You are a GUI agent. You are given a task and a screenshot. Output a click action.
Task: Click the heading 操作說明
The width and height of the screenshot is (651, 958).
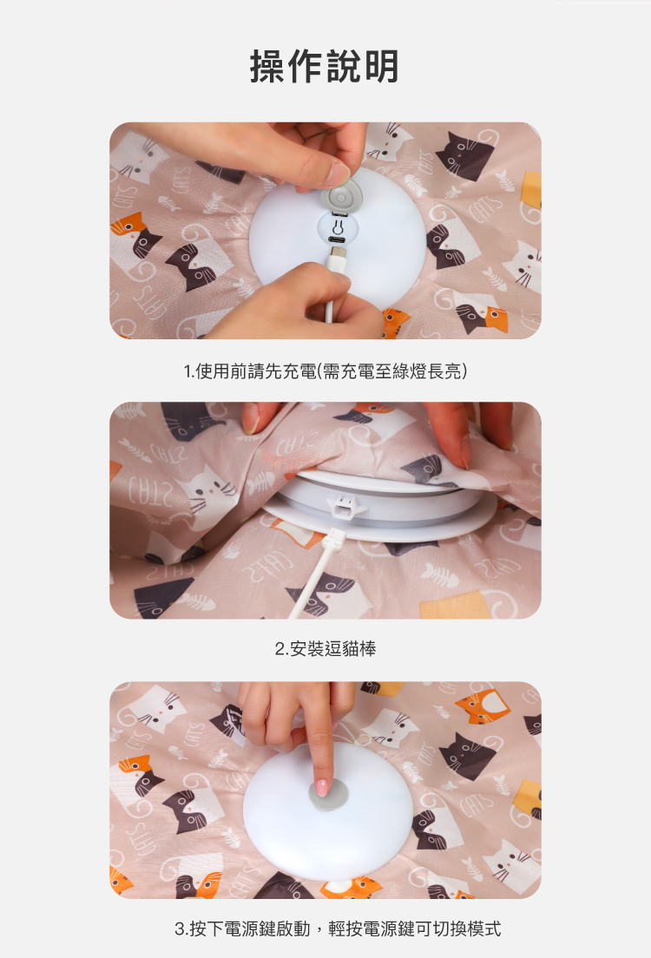pyautogui.click(x=325, y=66)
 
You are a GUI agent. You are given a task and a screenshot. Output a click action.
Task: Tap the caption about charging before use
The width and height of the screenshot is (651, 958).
pyautogui.click(x=325, y=371)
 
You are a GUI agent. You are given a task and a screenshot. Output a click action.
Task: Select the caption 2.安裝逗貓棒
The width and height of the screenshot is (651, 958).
pyautogui.click(x=325, y=648)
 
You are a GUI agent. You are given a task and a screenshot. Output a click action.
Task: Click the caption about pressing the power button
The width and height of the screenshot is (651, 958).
pyautogui.click(x=338, y=928)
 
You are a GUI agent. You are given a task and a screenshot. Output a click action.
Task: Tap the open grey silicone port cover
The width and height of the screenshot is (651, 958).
pyautogui.click(x=342, y=199)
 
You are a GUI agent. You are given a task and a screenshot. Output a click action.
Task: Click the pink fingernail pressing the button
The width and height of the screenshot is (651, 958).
pyautogui.click(x=321, y=788)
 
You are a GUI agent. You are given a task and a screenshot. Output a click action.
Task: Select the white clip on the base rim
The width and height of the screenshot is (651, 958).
pyautogui.click(x=345, y=506)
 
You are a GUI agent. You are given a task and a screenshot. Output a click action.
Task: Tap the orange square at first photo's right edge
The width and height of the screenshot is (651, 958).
pyautogui.click(x=532, y=189)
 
